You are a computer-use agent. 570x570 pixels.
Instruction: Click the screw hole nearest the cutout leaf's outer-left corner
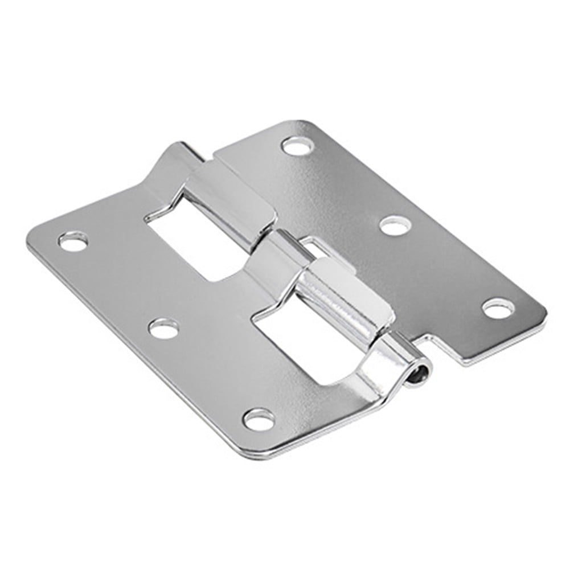click(x=73, y=242)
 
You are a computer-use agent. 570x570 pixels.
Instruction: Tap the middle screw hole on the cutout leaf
click(x=164, y=329)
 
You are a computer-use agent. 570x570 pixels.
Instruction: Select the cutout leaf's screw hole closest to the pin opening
click(x=259, y=420)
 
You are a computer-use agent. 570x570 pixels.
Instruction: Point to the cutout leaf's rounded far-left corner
click(x=34, y=239)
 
